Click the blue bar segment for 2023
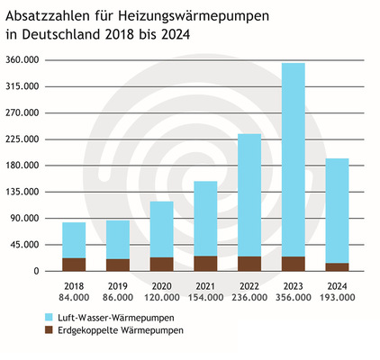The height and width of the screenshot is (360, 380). point(294,159)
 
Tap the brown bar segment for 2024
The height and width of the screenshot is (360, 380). point(337,266)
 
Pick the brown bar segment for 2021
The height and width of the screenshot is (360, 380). point(205,263)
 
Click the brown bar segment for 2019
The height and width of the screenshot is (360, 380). point(118,265)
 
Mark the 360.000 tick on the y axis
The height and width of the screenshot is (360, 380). point(23,60)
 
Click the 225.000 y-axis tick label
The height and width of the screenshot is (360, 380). point(23,139)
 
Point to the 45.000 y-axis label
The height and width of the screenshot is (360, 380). point(25,245)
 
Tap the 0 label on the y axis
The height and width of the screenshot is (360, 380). point(36,271)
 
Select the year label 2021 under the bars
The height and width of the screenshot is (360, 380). point(205,286)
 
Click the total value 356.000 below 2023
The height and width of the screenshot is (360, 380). point(294,298)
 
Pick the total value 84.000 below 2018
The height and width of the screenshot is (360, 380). point(74,298)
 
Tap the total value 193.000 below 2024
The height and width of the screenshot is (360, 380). point(337,298)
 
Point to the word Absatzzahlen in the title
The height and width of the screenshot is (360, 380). point(46,17)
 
